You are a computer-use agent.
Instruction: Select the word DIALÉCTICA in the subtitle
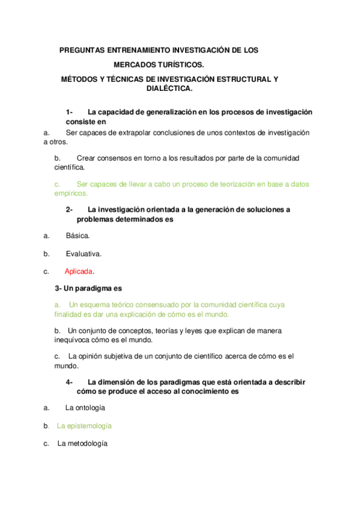169,88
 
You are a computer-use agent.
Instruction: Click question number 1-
69,112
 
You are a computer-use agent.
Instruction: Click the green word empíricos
71,194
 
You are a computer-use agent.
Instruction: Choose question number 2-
69,209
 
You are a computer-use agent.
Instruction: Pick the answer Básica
78,236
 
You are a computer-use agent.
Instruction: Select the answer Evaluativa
84,253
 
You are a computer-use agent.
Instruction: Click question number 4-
69,382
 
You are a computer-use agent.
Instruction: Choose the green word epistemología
84,426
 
